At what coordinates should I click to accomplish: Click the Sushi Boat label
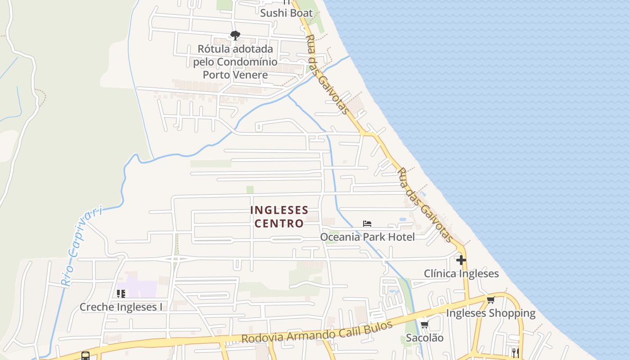pyautogui.click(x=286, y=13)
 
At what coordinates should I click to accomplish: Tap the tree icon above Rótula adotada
pyautogui.click(x=235, y=36)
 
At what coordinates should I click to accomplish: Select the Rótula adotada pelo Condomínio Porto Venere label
pyautogui.click(x=235, y=62)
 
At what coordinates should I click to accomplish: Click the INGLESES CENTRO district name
pyautogui.click(x=279, y=216)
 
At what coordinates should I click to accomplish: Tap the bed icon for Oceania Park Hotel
pyautogui.click(x=367, y=224)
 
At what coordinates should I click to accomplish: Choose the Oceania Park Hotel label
pyautogui.click(x=367, y=237)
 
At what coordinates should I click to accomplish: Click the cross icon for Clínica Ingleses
pyautogui.click(x=461, y=260)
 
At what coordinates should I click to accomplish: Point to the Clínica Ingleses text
pyautogui.click(x=461, y=274)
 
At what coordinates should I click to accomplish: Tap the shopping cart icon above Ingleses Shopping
pyautogui.click(x=490, y=300)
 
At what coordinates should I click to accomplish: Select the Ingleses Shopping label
pyautogui.click(x=490, y=313)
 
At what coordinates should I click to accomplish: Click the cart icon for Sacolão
pyautogui.click(x=424, y=324)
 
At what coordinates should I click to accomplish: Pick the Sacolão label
pyautogui.click(x=424, y=337)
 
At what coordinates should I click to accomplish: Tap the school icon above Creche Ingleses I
pyautogui.click(x=121, y=294)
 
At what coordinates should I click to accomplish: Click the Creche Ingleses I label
pyautogui.click(x=121, y=307)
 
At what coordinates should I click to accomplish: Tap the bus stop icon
pyautogui.click(x=85, y=356)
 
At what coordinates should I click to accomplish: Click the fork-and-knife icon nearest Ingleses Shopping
pyautogui.click(x=515, y=353)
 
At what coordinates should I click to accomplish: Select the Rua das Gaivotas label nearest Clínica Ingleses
pyautogui.click(x=425, y=205)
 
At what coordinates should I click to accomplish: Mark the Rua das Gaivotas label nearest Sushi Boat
pyautogui.click(x=327, y=74)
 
